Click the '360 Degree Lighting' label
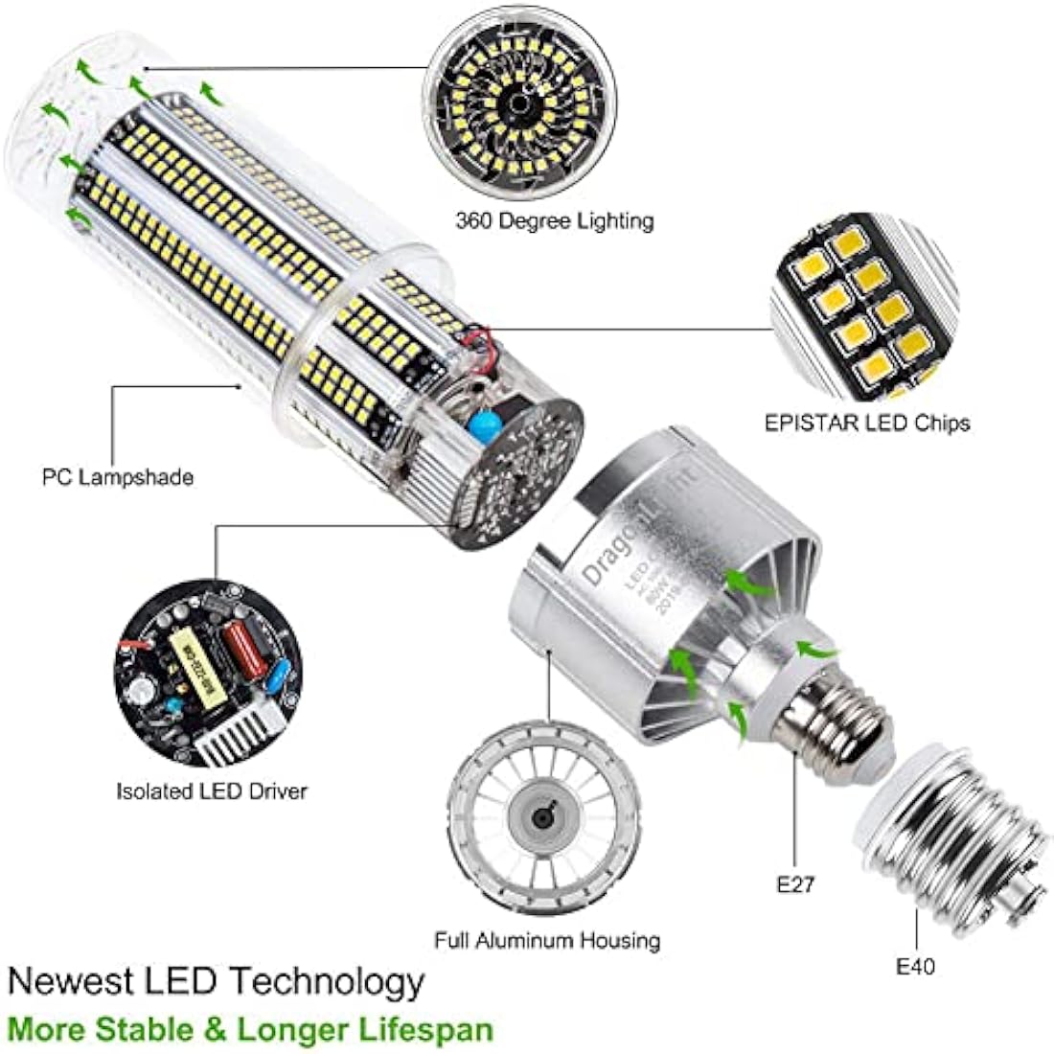pos(554,220)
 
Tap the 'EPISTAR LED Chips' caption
pos(867,423)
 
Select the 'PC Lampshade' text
pos(118,476)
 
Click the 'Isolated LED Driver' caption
pos(212,791)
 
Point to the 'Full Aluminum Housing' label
pos(547,940)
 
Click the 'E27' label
pos(795,883)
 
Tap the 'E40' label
pos(915,966)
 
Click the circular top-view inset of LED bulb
pos(518,103)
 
